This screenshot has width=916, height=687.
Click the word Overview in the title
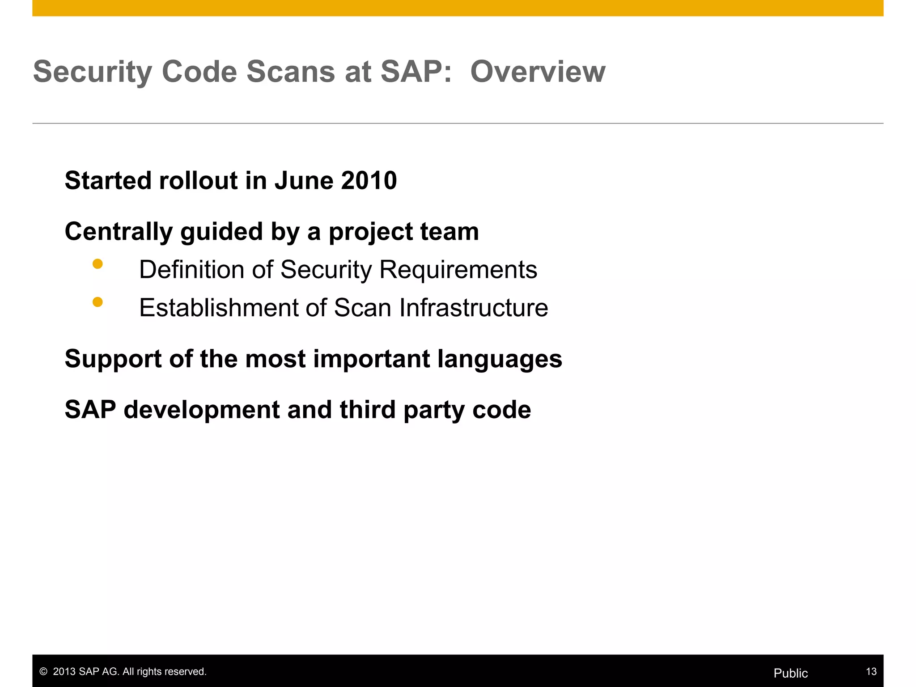coord(538,72)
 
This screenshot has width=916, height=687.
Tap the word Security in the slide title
coord(93,72)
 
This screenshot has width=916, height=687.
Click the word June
coord(303,180)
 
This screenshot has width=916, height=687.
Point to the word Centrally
coord(119,232)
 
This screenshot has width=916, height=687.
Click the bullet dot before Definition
coord(98,264)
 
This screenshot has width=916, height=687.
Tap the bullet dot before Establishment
coord(98,302)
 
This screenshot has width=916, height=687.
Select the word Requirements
coord(458,270)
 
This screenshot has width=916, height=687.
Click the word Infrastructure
coord(473,308)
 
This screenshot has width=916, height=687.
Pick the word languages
coord(499,359)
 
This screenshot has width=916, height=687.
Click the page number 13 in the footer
coord(871,671)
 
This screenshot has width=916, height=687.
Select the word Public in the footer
coord(790,673)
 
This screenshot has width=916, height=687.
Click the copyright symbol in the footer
coord(43,672)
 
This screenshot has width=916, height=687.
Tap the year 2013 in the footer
coord(64,672)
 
